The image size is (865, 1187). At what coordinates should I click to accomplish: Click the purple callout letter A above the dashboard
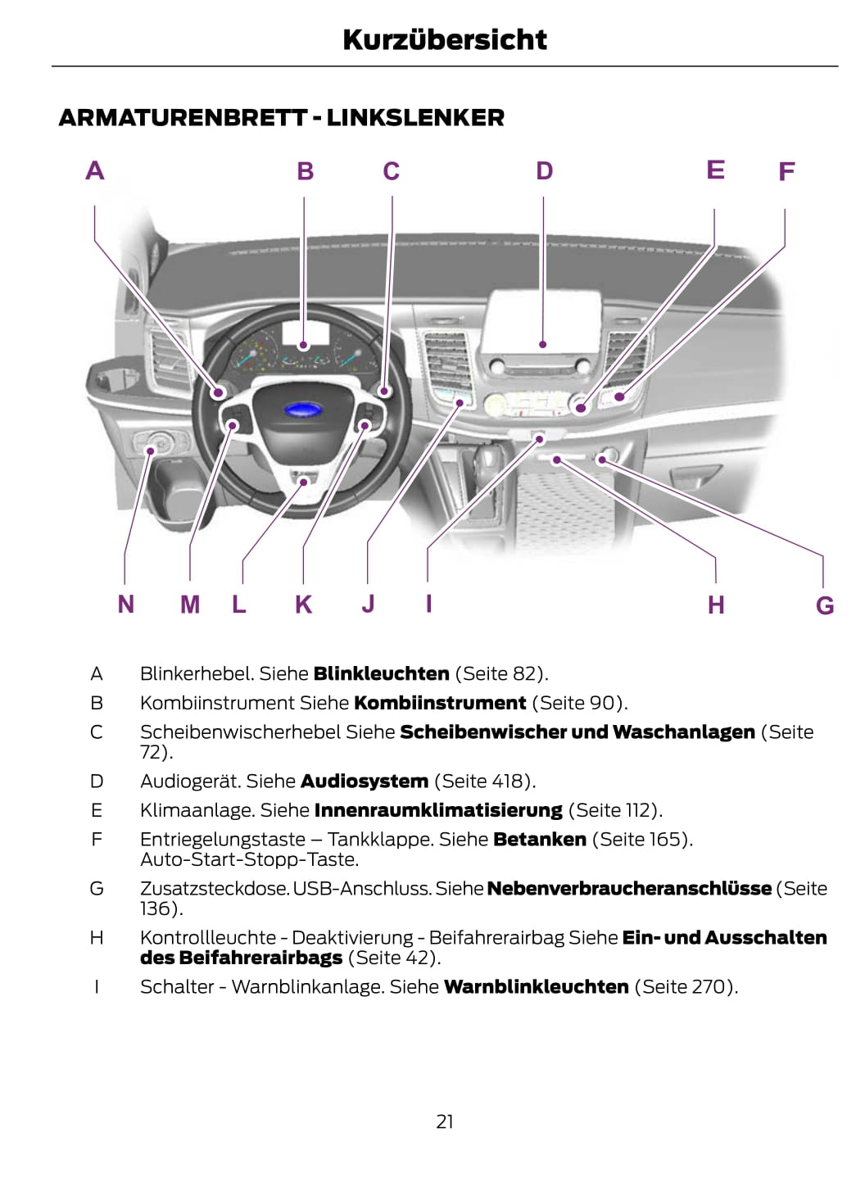coord(95,170)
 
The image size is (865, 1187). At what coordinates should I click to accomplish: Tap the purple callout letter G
coord(825,605)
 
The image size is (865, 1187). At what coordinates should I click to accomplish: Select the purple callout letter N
coord(125,604)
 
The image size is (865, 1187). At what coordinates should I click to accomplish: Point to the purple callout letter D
coord(545,170)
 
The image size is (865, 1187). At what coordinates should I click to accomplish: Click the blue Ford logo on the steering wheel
coord(303,410)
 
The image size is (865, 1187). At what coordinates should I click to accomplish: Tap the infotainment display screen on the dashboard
coord(541,322)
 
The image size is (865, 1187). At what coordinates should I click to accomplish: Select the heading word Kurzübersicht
coord(445,40)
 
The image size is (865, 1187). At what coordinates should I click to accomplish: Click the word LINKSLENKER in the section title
coord(415,118)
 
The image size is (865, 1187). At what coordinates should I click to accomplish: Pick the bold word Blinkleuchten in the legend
coord(382,673)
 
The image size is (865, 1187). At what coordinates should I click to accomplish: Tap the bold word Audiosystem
coord(365,781)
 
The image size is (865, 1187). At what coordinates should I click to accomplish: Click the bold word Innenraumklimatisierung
coord(438,810)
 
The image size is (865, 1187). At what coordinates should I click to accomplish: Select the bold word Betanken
coord(540,840)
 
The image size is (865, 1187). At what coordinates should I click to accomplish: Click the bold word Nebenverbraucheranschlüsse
coord(629,889)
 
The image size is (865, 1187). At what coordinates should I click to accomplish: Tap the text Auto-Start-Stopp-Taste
coord(250,859)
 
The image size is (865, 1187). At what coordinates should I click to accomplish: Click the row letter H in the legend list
coord(97,938)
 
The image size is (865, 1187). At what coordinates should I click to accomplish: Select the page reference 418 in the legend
coord(505,781)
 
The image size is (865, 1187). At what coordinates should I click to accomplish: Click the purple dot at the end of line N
coord(151,451)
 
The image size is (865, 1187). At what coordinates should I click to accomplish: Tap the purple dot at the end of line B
coord(303,346)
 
